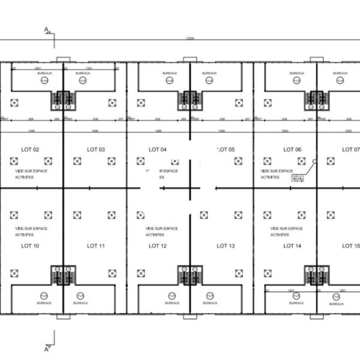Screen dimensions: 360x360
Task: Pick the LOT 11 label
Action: click(x=96, y=245)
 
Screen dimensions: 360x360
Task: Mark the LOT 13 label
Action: click(x=226, y=245)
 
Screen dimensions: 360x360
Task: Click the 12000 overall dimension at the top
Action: click(x=190, y=39)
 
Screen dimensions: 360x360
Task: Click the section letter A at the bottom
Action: click(x=46, y=343)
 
